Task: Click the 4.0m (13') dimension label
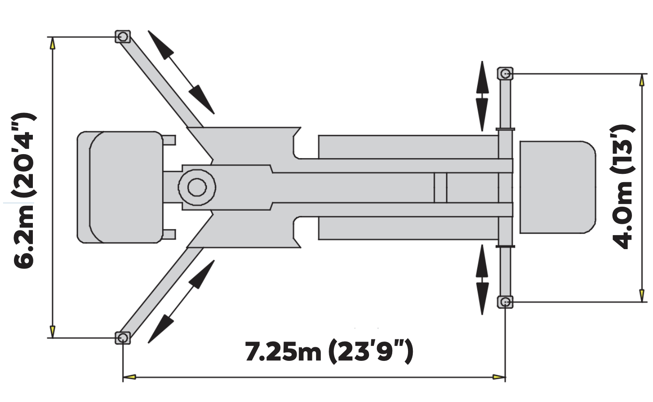pyautogui.click(x=623, y=187)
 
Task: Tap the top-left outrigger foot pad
pyautogui.click(x=123, y=37)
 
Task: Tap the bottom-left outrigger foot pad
pyautogui.click(x=123, y=338)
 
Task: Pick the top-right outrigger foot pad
pyautogui.click(x=505, y=74)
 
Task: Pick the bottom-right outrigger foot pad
pyautogui.click(x=505, y=302)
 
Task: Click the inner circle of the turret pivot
pyautogui.click(x=197, y=187)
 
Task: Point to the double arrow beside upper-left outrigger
pyautogui.click(x=181, y=72)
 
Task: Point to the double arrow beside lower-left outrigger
pyautogui.click(x=181, y=302)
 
